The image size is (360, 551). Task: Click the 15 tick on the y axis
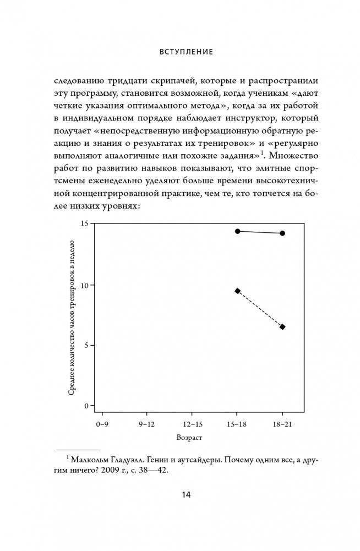(x=84, y=224)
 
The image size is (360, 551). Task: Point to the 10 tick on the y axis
(x=84, y=285)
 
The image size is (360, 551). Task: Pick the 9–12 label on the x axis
(x=146, y=425)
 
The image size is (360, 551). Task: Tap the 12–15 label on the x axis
(x=192, y=425)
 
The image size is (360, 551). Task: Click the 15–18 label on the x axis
(x=237, y=425)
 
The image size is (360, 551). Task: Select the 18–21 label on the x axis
(x=282, y=425)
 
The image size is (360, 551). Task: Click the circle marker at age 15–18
(x=237, y=231)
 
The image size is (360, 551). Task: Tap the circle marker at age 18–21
(x=282, y=233)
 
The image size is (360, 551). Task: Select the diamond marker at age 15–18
(x=237, y=291)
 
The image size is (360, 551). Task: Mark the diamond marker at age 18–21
(x=282, y=327)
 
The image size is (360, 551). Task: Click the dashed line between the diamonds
(x=260, y=309)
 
